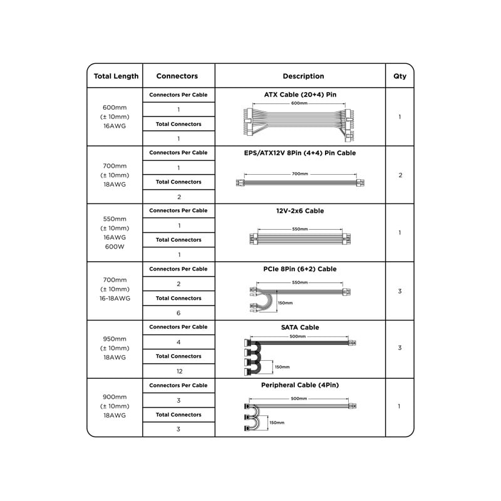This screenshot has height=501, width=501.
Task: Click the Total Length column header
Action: (x=116, y=76)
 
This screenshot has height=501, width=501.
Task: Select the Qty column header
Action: (x=400, y=76)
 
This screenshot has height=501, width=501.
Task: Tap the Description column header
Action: (x=303, y=76)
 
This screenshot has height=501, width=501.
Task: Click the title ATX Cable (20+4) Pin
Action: (x=300, y=95)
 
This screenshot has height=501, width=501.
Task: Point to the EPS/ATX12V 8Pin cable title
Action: (x=300, y=153)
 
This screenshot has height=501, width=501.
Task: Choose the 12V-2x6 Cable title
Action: (x=300, y=211)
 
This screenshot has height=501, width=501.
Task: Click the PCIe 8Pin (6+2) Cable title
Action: (x=300, y=269)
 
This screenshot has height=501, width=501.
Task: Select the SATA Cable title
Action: (x=300, y=328)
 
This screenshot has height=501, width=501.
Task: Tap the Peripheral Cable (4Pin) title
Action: (x=300, y=385)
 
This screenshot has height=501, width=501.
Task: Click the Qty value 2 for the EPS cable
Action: (x=400, y=175)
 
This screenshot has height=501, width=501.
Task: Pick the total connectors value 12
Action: (x=178, y=371)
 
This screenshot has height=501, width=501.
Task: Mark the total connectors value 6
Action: (x=178, y=313)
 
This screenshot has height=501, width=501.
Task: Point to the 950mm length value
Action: (x=115, y=338)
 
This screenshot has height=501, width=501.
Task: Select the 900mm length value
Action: (x=115, y=396)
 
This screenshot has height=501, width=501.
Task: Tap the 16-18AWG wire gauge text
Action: (x=115, y=299)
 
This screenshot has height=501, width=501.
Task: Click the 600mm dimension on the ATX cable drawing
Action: (x=299, y=103)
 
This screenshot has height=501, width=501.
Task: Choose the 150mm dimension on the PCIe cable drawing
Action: (x=285, y=303)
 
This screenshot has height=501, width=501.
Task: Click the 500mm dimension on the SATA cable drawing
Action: (x=297, y=336)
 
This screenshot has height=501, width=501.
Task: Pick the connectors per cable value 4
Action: (x=178, y=342)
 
